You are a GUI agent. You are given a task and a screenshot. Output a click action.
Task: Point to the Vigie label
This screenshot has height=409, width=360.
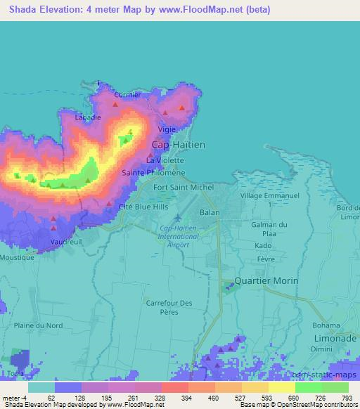167,129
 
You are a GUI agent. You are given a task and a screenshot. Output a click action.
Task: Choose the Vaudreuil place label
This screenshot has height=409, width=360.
67,242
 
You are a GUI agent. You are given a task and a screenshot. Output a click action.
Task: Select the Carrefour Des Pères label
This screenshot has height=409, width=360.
168,307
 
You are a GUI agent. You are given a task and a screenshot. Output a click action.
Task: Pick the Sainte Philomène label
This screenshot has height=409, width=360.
153,173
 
